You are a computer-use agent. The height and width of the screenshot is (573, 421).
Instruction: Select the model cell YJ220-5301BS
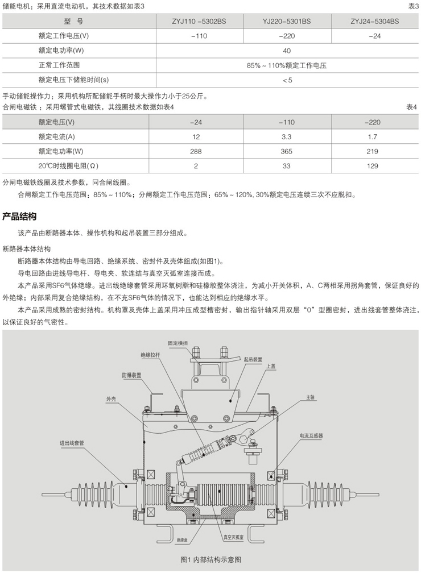[287, 22]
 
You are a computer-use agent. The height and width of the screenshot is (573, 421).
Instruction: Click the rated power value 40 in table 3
[287, 51]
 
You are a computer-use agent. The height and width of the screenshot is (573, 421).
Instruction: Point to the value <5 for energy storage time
[287, 80]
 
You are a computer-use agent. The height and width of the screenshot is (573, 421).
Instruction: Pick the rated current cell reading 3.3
[287, 136]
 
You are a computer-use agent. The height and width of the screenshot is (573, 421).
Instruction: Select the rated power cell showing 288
[197, 151]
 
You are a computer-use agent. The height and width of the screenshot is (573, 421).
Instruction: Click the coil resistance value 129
[373, 166]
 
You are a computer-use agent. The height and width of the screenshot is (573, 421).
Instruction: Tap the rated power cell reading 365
[287, 151]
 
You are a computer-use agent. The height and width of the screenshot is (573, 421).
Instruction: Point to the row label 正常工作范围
[55, 65]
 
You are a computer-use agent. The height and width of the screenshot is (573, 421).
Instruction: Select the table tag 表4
[412, 107]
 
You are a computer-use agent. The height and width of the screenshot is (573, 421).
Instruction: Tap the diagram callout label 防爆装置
[131, 375]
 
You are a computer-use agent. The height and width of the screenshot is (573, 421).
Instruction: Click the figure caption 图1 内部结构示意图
[210, 559]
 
